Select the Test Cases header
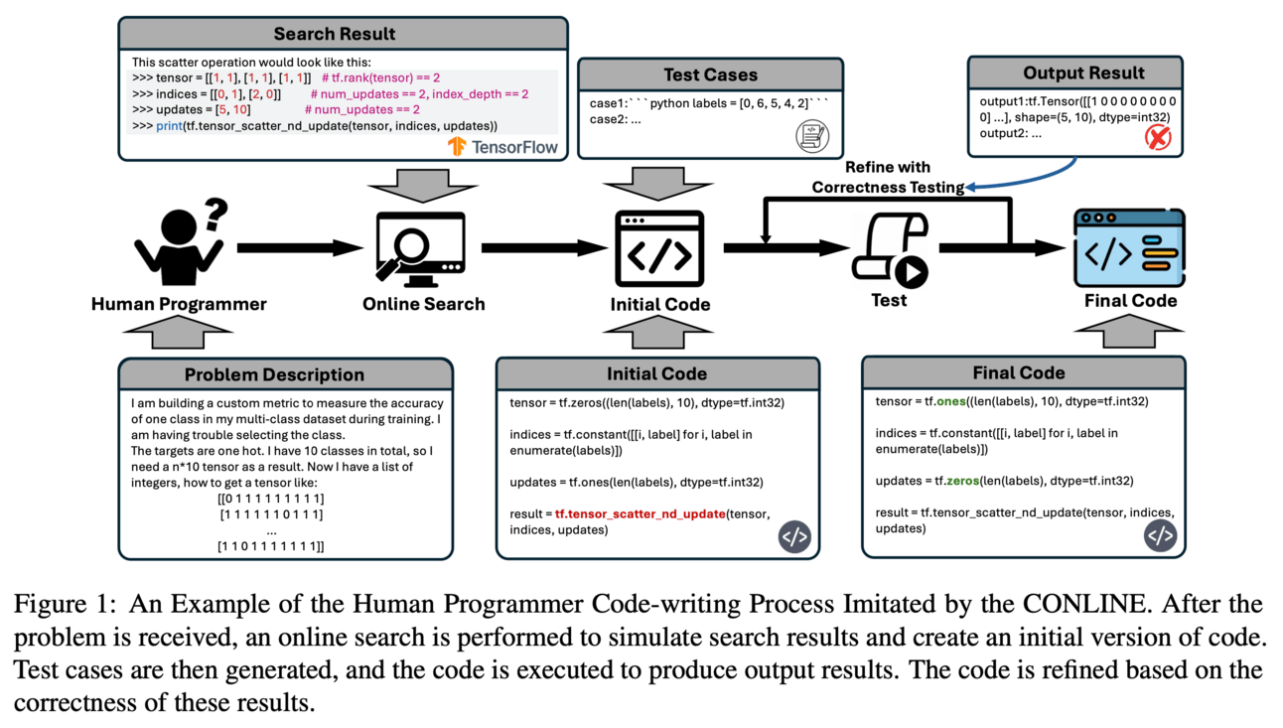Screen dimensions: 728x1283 [x=710, y=74]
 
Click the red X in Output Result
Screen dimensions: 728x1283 [x=1158, y=136]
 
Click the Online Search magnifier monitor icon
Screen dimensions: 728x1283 [x=422, y=248]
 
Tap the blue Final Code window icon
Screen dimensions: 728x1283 [x=1129, y=248]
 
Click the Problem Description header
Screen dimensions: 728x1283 [x=275, y=374]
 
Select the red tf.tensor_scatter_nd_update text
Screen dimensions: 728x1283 [x=640, y=513]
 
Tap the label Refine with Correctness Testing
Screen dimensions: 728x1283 [x=888, y=177]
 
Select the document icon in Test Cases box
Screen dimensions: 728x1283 [x=811, y=136]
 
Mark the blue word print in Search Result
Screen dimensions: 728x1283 [x=169, y=126]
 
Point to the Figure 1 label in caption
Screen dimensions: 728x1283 [x=63, y=604]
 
